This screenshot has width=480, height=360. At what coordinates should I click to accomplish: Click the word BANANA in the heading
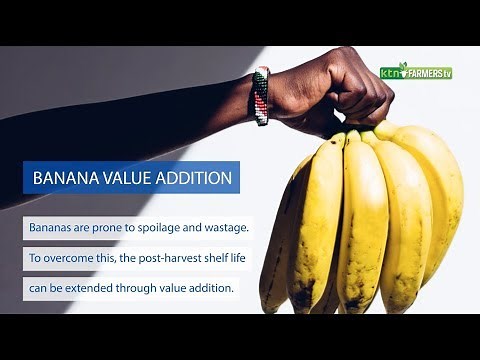point(66,179)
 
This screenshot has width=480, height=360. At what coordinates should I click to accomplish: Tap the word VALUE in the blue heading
point(129,179)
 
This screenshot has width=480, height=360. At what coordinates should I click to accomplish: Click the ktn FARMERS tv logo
point(416,72)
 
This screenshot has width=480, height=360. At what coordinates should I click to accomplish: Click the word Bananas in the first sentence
point(54,228)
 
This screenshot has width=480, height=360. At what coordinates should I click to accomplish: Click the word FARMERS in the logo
point(422,73)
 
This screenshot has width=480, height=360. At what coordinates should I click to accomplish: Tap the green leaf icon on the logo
point(403,66)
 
